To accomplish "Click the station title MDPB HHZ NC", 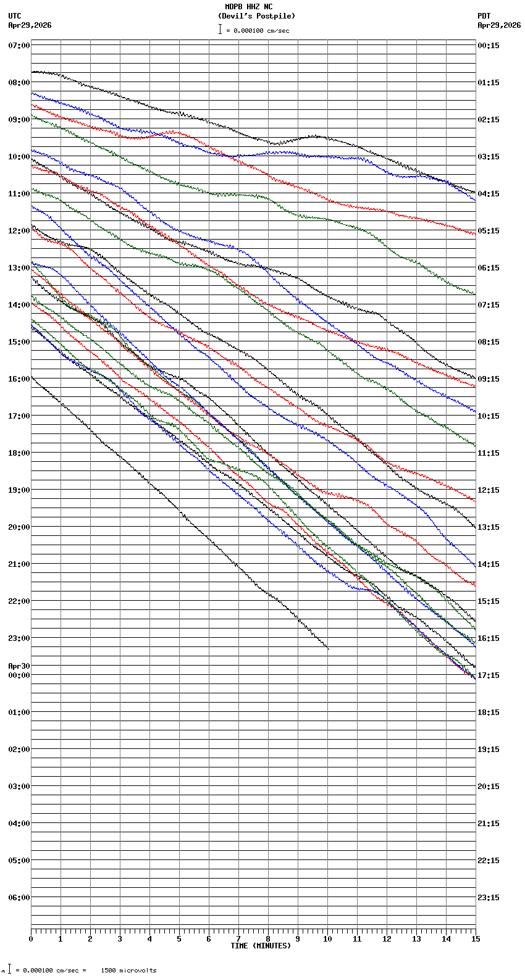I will pyautogui.click(x=248, y=7).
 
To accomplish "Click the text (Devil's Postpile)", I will pyautogui.click(x=256, y=16).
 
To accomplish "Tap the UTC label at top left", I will pyautogui.click(x=15, y=16).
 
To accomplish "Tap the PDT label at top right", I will pyautogui.click(x=484, y=16).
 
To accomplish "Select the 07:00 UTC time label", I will pyautogui.click(x=19, y=46).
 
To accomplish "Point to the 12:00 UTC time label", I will pyautogui.click(x=19, y=231).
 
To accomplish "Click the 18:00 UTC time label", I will pyautogui.click(x=19, y=453).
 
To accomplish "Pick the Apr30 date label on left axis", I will pyautogui.click(x=19, y=666).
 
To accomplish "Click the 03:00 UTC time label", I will pyautogui.click(x=19, y=787).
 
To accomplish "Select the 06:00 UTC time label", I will pyautogui.click(x=19, y=898).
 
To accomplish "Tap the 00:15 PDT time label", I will pyautogui.click(x=488, y=46).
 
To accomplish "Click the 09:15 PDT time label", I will pyautogui.click(x=488, y=379).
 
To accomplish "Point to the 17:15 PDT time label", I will pyautogui.click(x=488, y=675).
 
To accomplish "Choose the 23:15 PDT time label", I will pyautogui.click(x=488, y=898).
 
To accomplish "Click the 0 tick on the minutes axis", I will pyautogui.click(x=31, y=939).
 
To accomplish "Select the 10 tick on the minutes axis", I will pyautogui.click(x=327, y=939).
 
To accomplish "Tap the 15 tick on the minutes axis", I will pyautogui.click(x=475, y=939).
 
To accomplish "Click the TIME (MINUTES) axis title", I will pyautogui.click(x=261, y=946).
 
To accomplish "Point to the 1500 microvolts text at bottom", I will pyautogui.click(x=128, y=971).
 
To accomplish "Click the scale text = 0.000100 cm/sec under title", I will pyautogui.click(x=258, y=31).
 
